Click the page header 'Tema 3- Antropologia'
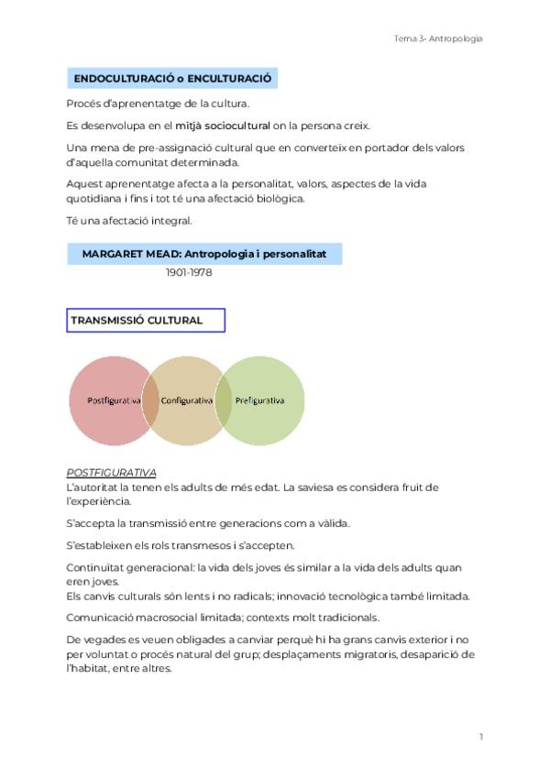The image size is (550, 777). (x=437, y=38)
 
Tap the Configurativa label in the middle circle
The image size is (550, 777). (x=186, y=400)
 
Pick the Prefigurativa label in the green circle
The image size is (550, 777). (x=259, y=400)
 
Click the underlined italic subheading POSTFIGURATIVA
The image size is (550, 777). (x=111, y=473)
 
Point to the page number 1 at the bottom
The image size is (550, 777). (x=480, y=736)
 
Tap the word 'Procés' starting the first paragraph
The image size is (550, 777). (x=83, y=104)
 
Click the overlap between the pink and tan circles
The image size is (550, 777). (x=150, y=400)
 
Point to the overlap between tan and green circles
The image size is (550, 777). (x=223, y=400)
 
